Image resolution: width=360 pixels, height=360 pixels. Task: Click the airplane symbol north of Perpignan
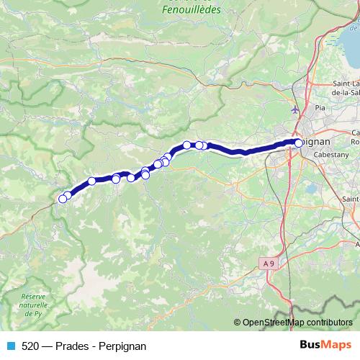click(295, 110)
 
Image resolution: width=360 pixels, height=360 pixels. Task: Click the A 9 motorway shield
click(269, 264)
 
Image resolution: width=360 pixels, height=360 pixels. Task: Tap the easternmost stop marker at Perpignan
click(299, 143)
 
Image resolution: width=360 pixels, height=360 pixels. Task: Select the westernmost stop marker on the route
click(62, 199)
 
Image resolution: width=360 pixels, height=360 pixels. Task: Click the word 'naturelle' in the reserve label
click(34, 305)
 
